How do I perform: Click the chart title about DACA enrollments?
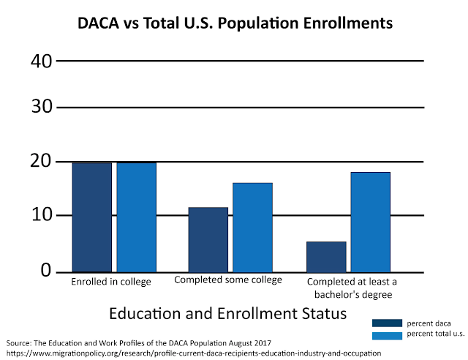click(235, 23)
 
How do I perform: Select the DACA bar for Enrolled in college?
click(92, 217)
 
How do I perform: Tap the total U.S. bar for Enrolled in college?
click(136, 217)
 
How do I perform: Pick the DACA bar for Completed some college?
click(208, 239)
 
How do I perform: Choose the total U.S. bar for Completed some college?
click(252, 227)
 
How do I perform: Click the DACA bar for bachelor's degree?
click(326, 256)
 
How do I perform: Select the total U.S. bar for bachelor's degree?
click(370, 222)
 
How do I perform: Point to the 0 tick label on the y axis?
click(45, 271)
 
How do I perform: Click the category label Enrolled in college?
click(111, 282)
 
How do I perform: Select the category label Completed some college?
click(227, 280)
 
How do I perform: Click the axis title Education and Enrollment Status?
click(227, 314)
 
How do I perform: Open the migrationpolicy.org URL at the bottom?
click(194, 353)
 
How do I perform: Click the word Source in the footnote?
click(20, 342)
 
